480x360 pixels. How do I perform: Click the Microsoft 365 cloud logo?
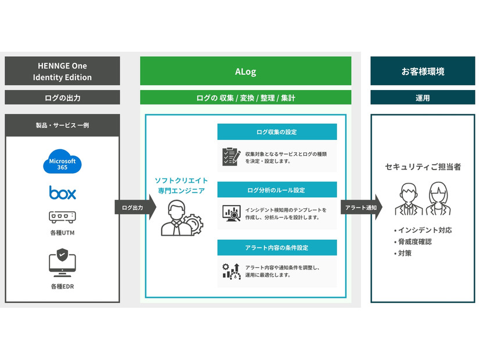click(x=62, y=162)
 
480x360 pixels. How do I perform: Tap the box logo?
click(x=62, y=192)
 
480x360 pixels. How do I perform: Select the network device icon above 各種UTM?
click(x=62, y=217)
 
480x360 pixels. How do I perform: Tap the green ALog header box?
click(x=245, y=72)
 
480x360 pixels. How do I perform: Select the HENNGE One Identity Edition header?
click(x=62, y=71)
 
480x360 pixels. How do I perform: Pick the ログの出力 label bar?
click(x=62, y=98)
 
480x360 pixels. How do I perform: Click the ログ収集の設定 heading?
click(x=277, y=132)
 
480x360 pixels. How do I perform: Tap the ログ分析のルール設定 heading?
click(x=277, y=190)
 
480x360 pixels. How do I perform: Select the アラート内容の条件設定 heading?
click(x=277, y=247)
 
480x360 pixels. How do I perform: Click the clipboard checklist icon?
click(x=231, y=156)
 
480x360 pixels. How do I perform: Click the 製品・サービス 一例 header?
click(x=62, y=125)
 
